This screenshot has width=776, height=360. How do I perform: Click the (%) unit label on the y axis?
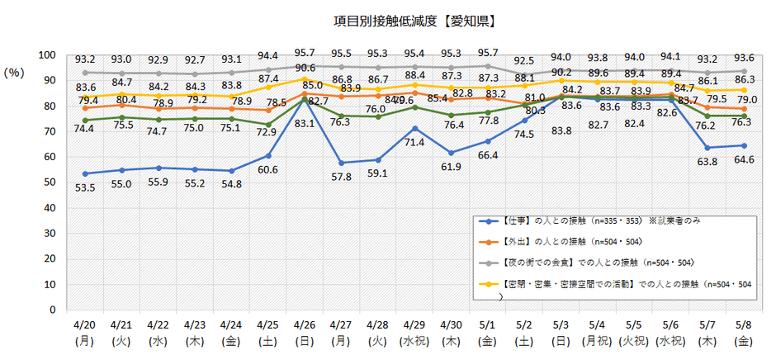pos(17,72)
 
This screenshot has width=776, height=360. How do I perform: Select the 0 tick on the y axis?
pos(52,310)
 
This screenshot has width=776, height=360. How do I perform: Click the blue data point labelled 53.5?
pos(85,174)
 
